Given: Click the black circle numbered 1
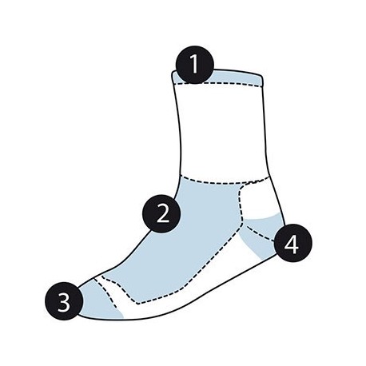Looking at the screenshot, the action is point(195,65).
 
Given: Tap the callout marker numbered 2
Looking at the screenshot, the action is point(161,213).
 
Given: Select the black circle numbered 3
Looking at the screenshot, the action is point(64,301).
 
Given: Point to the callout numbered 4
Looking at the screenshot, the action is point(292,243).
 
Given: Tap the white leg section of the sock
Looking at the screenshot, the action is point(222,130).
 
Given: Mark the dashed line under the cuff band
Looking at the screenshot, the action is point(217,84).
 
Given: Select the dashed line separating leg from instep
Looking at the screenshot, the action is point(224,181).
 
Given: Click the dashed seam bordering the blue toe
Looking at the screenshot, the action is point(106,293).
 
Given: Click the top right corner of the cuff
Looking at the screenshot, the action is point(262,76).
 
